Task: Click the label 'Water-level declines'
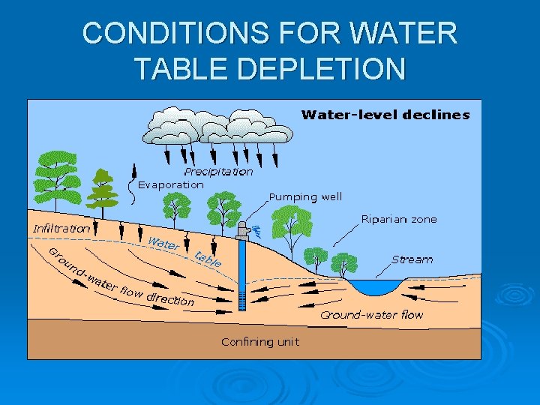point(385,115)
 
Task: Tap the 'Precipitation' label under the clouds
point(218,172)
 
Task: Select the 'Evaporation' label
point(171,184)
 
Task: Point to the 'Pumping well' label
point(305,197)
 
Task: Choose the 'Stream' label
point(412,259)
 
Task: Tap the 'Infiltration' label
point(61,228)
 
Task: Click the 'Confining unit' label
point(259,342)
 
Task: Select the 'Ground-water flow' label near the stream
point(371,315)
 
